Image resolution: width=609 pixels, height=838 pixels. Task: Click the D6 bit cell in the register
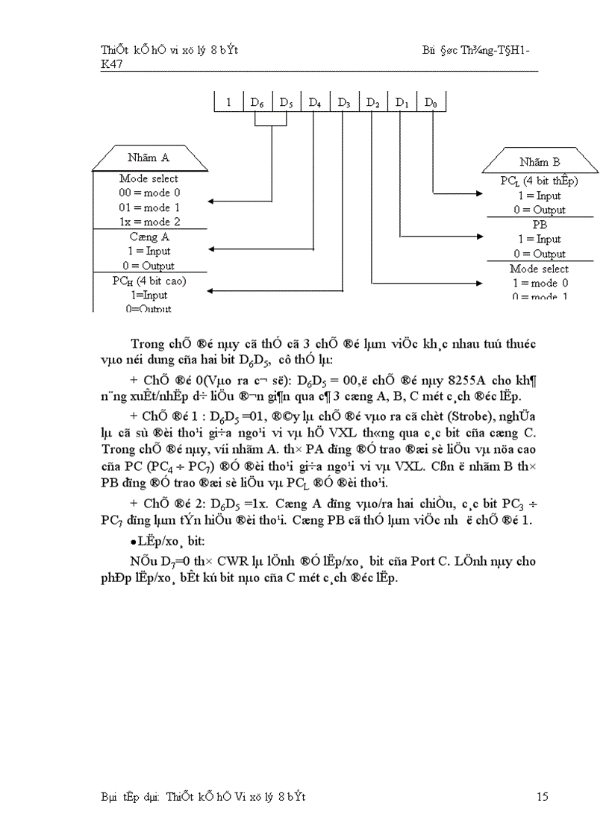[x=257, y=102]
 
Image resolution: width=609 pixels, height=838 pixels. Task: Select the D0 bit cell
[x=431, y=102]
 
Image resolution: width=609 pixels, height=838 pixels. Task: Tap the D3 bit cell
[x=344, y=102]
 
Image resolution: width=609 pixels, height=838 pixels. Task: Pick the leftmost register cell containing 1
[x=228, y=102]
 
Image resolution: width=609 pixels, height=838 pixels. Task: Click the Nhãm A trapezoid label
[x=149, y=157]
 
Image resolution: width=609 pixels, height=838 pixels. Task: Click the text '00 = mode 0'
[x=149, y=193]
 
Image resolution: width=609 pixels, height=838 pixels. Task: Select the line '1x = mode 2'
[x=149, y=222]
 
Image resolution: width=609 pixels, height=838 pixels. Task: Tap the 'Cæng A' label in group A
[x=149, y=237]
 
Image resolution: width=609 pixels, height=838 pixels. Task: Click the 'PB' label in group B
[x=539, y=225]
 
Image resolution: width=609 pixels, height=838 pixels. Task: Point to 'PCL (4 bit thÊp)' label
[x=539, y=181]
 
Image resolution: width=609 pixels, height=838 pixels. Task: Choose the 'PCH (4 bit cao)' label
[x=149, y=281]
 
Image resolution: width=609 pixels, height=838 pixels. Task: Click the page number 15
[x=543, y=797]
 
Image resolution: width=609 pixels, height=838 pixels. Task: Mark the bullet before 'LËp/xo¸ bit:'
[x=132, y=540]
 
